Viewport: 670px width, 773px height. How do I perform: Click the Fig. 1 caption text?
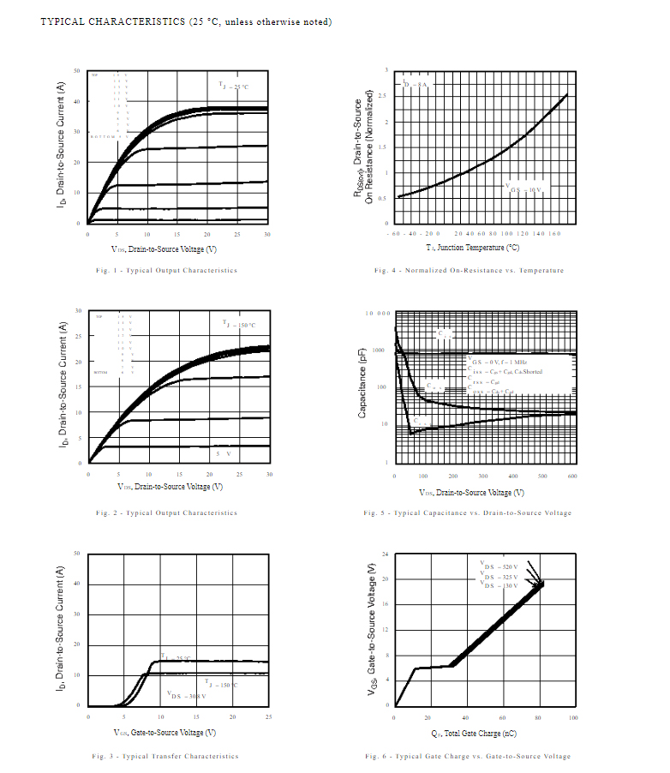click(166, 271)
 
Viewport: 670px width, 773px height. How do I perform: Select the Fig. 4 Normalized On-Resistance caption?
click(469, 271)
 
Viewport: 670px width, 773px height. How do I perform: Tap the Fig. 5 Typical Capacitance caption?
click(467, 513)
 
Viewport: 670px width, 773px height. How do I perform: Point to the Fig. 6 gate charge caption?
click(467, 756)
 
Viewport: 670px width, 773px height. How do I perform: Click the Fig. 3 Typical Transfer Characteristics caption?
click(165, 756)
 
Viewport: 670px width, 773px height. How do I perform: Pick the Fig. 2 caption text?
click(166, 513)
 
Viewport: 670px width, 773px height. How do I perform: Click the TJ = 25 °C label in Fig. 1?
click(234, 86)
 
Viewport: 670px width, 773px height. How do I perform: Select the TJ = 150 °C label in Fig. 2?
click(239, 325)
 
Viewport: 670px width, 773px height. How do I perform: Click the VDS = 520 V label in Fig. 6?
click(500, 567)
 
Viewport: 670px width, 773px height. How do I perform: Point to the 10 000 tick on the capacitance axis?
click(378, 314)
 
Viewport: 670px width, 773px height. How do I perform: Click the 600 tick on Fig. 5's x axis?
click(572, 476)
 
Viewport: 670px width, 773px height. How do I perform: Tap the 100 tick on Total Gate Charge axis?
click(572, 717)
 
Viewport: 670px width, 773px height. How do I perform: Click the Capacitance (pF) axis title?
click(362, 389)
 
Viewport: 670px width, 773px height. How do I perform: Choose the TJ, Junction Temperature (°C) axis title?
click(473, 247)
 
